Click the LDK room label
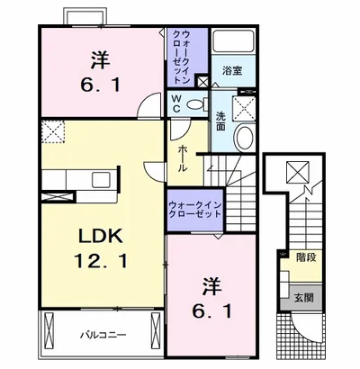click(x=101, y=236)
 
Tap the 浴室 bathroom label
click(x=232, y=71)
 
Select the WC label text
click(x=176, y=103)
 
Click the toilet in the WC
click(x=197, y=104)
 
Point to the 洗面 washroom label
click(x=220, y=121)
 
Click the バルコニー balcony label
click(x=103, y=335)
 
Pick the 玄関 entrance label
click(x=303, y=298)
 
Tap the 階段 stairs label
click(x=306, y=257)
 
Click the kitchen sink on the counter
click(x=101, y=180)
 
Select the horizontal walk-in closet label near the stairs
click(x=195, y=210)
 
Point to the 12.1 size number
click(x=101, y=260)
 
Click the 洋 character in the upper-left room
click(x=101, y=60)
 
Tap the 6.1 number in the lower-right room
click(x=212, y=311)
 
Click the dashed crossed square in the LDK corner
click(x=53, y=132)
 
